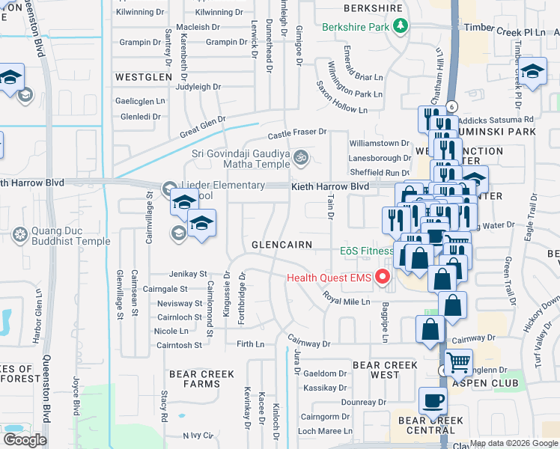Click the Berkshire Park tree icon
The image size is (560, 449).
tap(401, 27)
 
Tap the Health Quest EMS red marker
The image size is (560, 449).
tap(384, 278)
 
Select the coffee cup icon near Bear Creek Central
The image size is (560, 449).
tap(433, 400)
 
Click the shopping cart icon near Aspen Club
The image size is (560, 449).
tap(458, 363)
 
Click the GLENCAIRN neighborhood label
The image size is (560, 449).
tap(281, 245)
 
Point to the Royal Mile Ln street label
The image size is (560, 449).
tap(347, 298)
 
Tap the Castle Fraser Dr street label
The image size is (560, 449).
tap(298, 133)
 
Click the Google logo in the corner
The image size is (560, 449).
tap(25, 440)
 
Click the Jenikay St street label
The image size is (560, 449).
tap(187, 274)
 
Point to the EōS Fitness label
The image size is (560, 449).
tap(366, 251)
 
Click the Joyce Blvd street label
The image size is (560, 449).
tap(76, 397)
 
